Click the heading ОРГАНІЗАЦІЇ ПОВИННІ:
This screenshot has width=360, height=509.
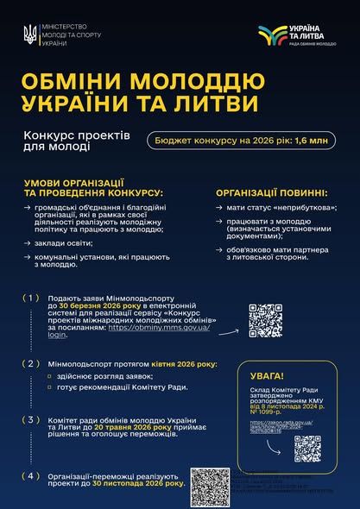(271, 192)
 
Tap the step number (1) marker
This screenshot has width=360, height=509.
(33, 298)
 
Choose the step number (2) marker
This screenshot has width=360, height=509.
(33, 363)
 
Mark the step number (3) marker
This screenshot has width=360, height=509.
(33, 420)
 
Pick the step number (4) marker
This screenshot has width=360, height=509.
(33, 475)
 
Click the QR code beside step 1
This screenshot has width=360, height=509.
(265, 321)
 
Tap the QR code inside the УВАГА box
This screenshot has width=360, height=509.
(307, 448)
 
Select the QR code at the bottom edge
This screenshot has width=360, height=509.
(209, 487)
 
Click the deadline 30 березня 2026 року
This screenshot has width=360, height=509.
(98, 305)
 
